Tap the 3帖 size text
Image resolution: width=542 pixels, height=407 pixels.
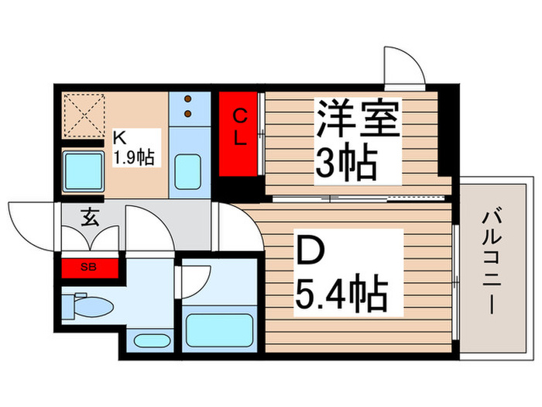tap(346, 164)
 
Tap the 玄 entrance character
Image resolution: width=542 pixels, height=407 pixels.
tap(90, 218)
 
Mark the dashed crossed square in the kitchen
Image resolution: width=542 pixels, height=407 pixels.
tap(83, 114)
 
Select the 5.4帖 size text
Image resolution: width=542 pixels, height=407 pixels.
tap(341, 292)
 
